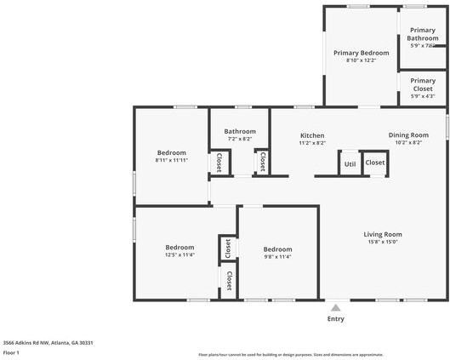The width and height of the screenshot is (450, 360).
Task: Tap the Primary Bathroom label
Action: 423,34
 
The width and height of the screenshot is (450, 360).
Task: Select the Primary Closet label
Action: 423,85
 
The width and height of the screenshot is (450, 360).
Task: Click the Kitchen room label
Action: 312,135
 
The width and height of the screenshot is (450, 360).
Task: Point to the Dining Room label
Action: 408,135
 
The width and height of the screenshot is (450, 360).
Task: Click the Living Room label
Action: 383,234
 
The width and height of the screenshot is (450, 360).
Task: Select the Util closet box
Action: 350,163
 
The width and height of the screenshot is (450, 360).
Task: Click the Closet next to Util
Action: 375,163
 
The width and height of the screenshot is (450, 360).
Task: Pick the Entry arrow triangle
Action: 336,308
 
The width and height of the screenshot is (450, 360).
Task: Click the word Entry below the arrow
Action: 336,319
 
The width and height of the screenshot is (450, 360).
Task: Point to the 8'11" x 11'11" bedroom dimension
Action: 171,160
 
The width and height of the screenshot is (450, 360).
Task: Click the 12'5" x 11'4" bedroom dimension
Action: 179,254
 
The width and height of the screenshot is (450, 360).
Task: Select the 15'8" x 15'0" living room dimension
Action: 383,242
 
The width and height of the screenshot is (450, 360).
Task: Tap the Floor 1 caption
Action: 11,351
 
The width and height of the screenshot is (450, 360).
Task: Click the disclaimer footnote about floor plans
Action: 290,354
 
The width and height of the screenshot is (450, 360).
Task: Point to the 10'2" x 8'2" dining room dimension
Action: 408,143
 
